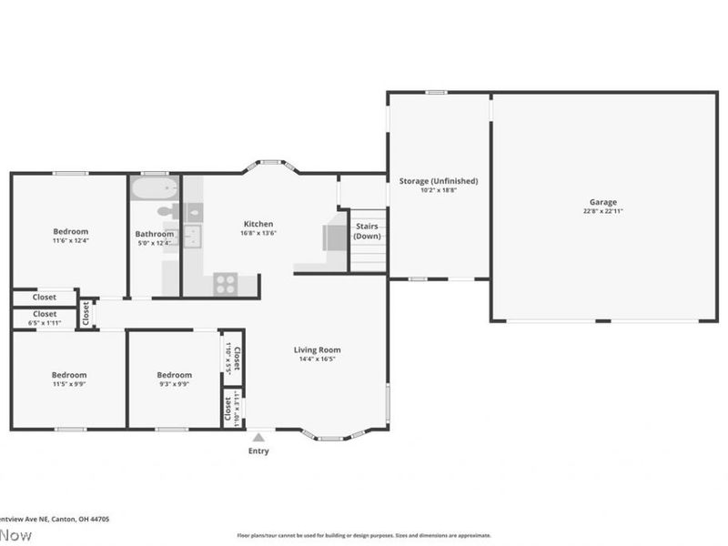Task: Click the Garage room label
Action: click(x=602, y=202)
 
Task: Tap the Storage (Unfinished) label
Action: click(x=439, y=181)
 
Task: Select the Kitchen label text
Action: click(x=258, y=224)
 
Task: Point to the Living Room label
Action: click(x=317, y=349)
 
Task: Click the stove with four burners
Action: click(x=226, y=284)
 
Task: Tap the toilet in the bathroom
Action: click(x=166, y=212)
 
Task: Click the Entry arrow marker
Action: click(x=258, y=438)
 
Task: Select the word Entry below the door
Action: click(x=258, y=451)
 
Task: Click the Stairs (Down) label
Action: click(x=367, y=230)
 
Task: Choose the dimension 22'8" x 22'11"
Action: click(x=602, y=211)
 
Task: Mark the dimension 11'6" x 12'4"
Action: click(x=70, y=241)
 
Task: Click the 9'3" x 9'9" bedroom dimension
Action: click(x=174, y=385)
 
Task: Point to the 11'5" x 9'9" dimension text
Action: click(x=69, y=385)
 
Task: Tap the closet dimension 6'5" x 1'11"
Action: click(x=44, y=323)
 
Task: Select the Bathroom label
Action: click(x=154, y=234)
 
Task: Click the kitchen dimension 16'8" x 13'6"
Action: click(x=258, y=233)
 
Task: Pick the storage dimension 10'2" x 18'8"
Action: click(x=439, y=190)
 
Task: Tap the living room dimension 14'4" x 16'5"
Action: click(x=317, y=359)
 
